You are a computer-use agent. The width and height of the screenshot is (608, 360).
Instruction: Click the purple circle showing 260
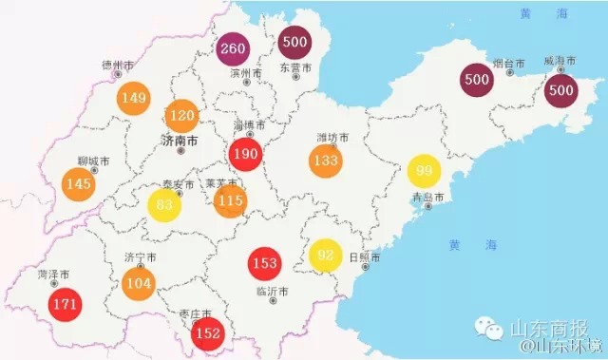tap(232, 48)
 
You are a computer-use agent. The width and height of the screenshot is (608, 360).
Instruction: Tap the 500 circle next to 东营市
tap(294, 43)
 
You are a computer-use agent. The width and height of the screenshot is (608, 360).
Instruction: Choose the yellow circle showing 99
tap(424, 170)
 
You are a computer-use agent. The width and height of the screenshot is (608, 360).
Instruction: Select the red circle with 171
tap(66, 305)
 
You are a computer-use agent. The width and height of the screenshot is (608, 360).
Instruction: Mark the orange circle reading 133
tap(325, 160)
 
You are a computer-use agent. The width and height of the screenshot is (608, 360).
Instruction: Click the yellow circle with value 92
tap(326, 255)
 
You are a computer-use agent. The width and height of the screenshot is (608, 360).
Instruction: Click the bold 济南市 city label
tap(180, 140)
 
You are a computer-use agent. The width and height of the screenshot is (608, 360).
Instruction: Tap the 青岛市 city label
tap(428, 198)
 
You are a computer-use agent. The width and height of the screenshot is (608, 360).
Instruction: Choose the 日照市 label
tap(365, 257)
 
